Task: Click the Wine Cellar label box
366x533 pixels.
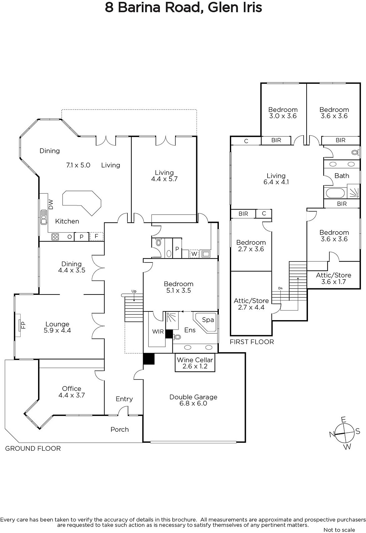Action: click(x=195, y=363)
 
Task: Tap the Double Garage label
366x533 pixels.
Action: click(x=193, y=400)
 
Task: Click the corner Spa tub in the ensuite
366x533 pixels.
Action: click(x=206, y=322)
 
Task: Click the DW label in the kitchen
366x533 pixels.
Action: click(x=51, y=204)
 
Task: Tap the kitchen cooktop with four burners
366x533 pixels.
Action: click(x=55, y=237)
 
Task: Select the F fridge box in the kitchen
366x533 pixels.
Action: click(x=96, y=237)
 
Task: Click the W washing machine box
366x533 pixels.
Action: click(x=194, y=254)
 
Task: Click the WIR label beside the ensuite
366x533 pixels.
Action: click(x=158, y=331)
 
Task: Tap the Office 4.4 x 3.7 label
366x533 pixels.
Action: click(x=71, y=392)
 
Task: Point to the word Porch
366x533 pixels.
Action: click(x=120, y=429)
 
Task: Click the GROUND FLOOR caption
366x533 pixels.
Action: click(x=33, y=448)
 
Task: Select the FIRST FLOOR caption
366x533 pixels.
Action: click(x=252, y=342)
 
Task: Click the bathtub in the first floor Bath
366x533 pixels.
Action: click(x=335, y=193)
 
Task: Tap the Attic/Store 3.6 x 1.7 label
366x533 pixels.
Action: click(x=334, y=278)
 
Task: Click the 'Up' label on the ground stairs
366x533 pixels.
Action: click(x=134, y=291)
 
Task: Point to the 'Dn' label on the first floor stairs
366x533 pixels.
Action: click(x=281, y=288)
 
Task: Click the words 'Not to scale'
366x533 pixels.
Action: click(x=339, y=530)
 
